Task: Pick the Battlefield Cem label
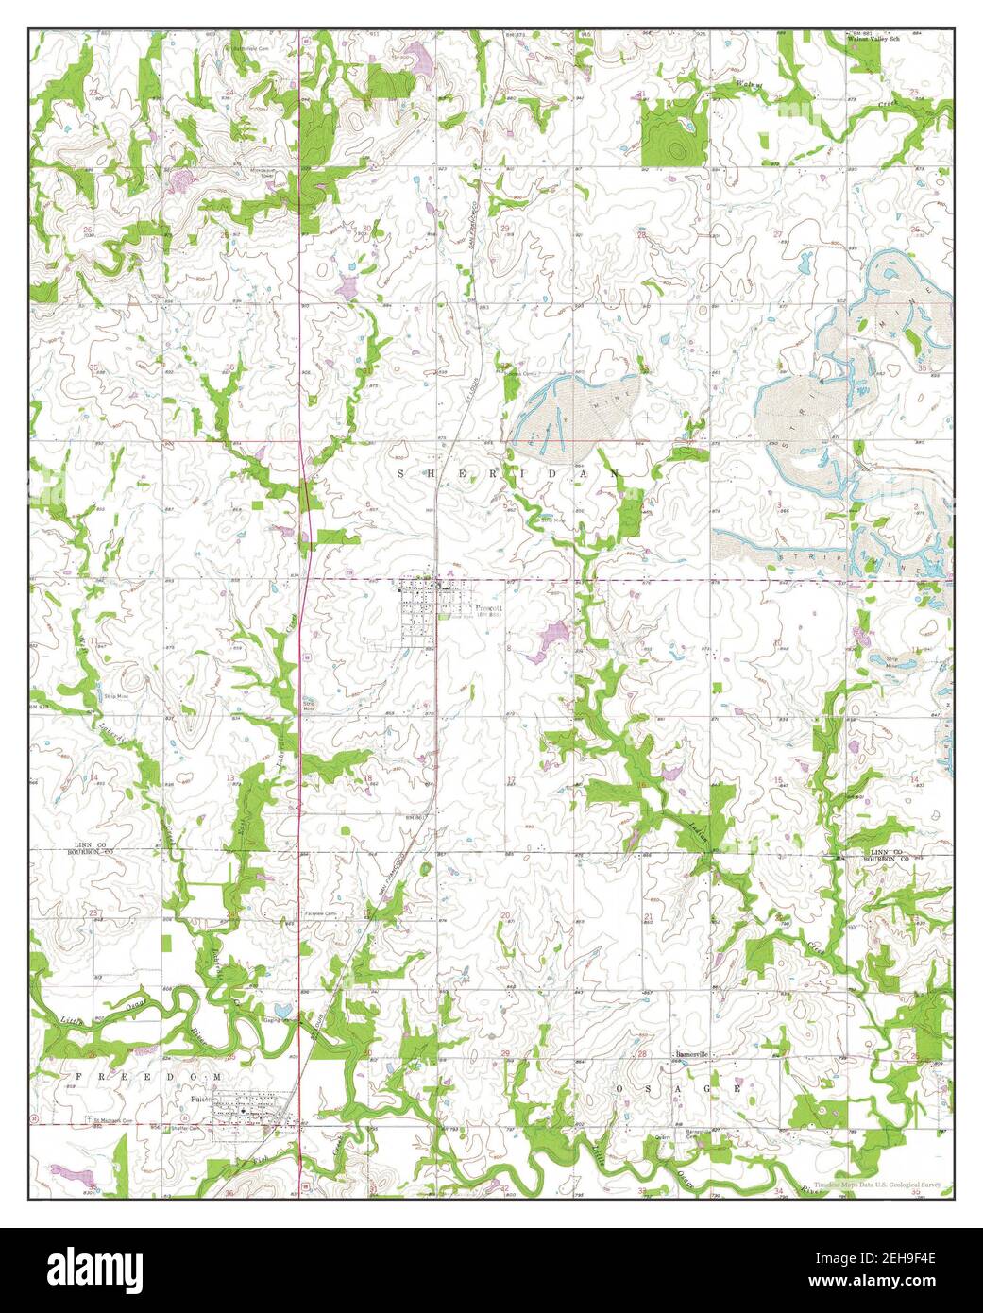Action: (x=243, y=44)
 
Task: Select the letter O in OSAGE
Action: (x=622, y=1089)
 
